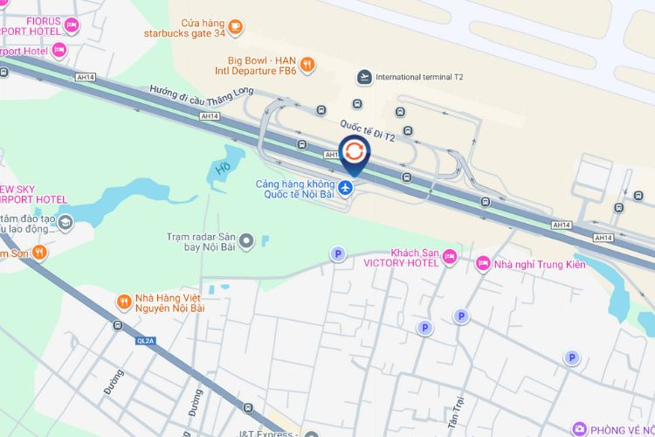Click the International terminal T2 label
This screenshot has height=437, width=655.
tap(418, 77)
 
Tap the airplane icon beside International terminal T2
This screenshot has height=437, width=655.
tap(363, 77)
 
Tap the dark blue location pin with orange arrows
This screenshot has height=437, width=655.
tap(354, 153)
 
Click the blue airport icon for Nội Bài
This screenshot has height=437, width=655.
tap(347, 188)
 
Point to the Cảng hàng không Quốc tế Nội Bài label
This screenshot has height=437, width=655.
tap(296, 190)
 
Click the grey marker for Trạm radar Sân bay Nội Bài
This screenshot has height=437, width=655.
tap(246, 240)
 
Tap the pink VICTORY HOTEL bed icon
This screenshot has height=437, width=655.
tap(450, 256)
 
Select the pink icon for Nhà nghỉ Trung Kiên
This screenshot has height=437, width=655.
tap(482, 263)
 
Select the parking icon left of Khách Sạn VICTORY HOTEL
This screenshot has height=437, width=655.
tap(338, 254)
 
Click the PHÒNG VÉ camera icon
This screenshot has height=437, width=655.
tap(581, 428)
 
